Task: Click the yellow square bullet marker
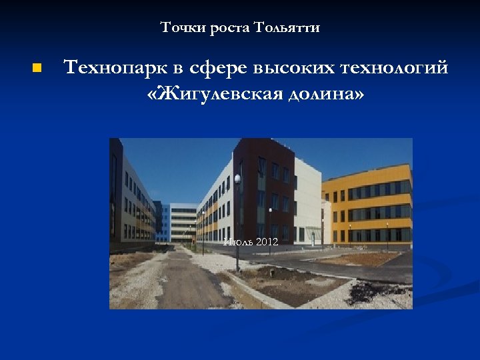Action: (37, 68)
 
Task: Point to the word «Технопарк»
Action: (114, 68)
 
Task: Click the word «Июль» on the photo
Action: (237, 241)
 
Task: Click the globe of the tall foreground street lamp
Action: (237, 179)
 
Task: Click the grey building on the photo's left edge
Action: (130, 200)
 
